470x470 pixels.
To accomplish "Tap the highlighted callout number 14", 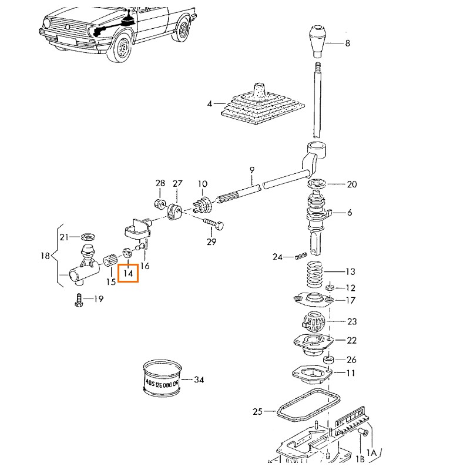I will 128,273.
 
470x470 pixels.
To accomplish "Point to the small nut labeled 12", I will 330,288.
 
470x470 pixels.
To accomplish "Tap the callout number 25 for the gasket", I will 256,412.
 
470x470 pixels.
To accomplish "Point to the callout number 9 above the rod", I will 251,170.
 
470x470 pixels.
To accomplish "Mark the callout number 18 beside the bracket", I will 45,257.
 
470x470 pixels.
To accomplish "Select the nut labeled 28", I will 159,204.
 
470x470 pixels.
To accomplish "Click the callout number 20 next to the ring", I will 351,184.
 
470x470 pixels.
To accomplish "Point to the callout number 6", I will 350,213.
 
